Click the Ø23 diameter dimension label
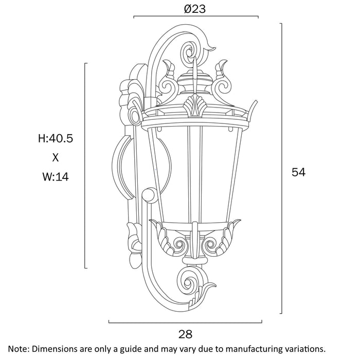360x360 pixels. (x=195, y=9)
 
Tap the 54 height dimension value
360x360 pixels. (x=298, y=172)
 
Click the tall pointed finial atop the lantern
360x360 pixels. (x=195, y=69)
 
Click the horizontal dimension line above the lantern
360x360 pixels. (x=195, y=17)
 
